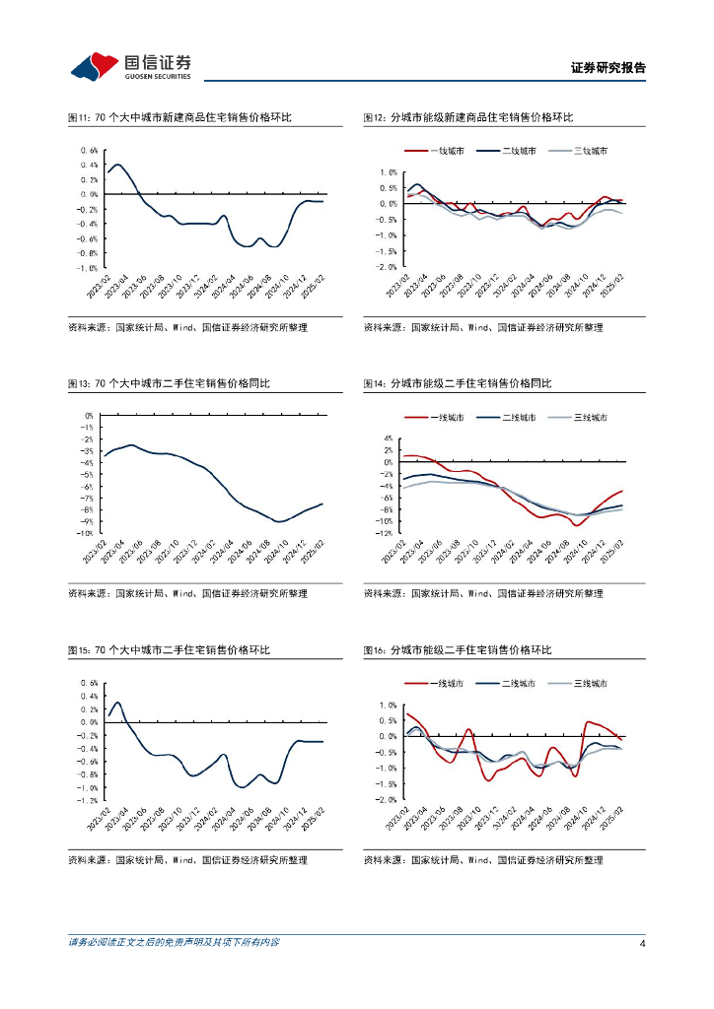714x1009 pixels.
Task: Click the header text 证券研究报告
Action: coord(608,69)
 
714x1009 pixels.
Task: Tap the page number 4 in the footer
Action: coord(642,944)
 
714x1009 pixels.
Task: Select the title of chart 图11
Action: coord(179,118)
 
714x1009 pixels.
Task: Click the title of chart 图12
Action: coord(467,118)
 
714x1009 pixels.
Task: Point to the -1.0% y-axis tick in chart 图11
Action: coord(88,268)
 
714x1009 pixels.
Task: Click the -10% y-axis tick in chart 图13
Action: coord(86,533)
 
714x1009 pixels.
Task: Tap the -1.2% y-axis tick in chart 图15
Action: coord(88,801)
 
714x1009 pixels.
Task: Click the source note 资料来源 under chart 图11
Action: coord(187,327)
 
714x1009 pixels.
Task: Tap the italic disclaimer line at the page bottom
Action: coord(174,943)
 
